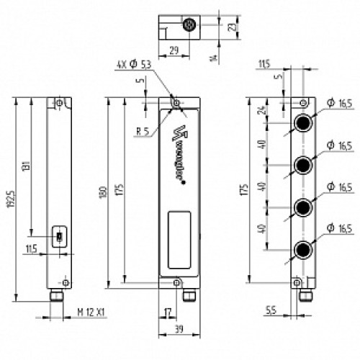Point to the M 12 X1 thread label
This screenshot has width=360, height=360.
tap(91, 312)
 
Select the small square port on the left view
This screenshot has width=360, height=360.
tap(58, 236)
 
